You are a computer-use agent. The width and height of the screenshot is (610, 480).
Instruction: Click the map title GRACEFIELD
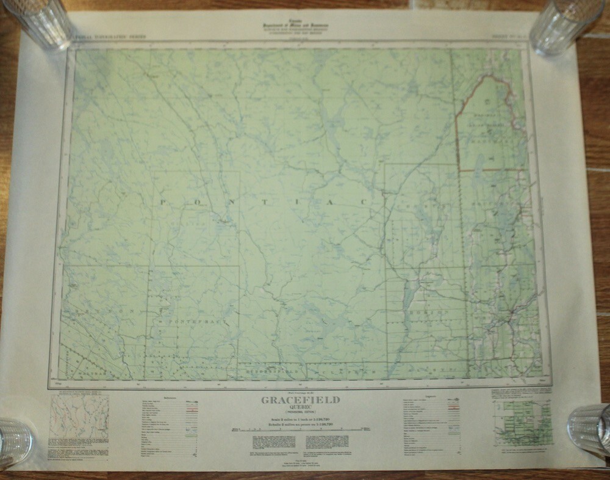click(300, 401)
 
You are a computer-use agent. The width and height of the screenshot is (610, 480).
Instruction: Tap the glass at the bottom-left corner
click(13, 440)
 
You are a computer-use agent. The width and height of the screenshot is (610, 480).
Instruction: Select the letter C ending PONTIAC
click(364, 202)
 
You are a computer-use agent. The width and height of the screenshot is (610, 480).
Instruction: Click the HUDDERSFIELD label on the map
click(269, 369)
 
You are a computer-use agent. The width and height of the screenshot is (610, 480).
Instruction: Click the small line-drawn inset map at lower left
click(79, 418)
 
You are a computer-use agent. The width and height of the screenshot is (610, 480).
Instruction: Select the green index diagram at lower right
click(522, 422)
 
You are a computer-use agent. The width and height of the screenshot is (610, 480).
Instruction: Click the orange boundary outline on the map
click(488, 122)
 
